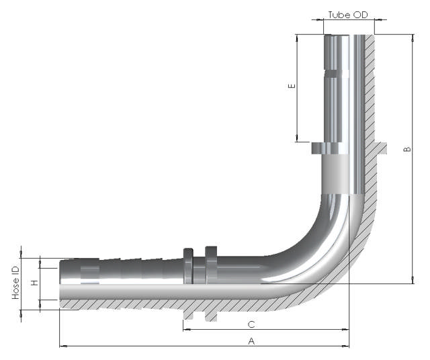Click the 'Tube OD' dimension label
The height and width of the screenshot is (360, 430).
click(x=347, y=15)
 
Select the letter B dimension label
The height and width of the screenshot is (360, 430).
click(x=406, y=149)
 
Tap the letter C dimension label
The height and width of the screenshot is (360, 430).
click(x=251, y=324)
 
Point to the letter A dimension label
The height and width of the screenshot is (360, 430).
click(x=251, y=341)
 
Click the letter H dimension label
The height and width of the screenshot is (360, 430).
click(x=34, y=283)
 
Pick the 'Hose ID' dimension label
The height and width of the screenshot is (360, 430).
click(x=15, y=283)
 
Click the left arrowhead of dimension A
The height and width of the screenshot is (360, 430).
click(x=62, y=346)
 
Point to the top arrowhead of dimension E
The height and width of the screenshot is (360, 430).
click(x=296, y=36)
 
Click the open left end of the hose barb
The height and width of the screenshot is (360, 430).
click(x=61, y=271)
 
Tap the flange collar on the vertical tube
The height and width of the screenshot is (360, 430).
click(x=330, y=148)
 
